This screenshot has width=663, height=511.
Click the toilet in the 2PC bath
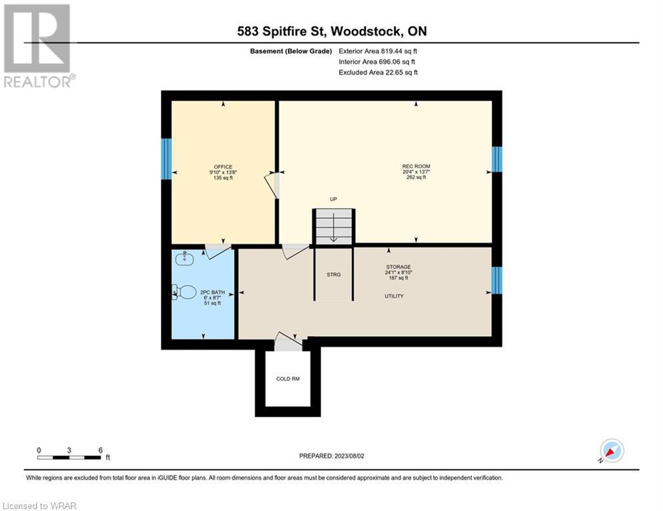(x=185, y=292)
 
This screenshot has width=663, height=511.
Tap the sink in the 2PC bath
(x=185, y=258)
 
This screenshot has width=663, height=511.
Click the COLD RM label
(x=288, y=379)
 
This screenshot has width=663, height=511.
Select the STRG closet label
(x=334, y=275)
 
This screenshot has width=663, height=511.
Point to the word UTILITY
(x=394, y=296)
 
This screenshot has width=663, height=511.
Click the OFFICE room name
(x=223, y=167)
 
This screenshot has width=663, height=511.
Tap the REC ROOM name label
(x=416, y=166)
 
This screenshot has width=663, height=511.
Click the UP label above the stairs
(x=333, y=199)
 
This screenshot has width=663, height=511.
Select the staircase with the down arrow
(x=334, y=226)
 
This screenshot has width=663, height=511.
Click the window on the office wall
(x=167, y=159)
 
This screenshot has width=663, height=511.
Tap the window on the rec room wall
(x=497, y=159)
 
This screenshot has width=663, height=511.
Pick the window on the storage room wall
(x=497, y=280)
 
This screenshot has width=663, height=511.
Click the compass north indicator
(x=612, y=450)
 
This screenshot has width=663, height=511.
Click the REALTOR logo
(x=39, y=46)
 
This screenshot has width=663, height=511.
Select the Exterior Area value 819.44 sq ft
(x=378, y=51)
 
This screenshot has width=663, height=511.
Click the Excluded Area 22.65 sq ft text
(x=378, y=73)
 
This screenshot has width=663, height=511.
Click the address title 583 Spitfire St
(x=282, y=31)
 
